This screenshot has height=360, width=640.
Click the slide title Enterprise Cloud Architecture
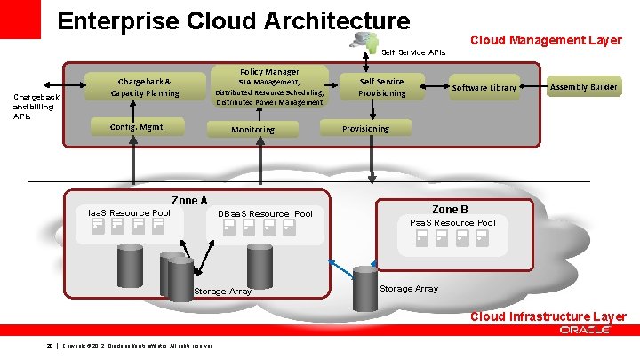(x=234, y=20)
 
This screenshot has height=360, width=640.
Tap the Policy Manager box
(x=269, y=86)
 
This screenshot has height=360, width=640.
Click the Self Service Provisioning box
(x=381, y=87)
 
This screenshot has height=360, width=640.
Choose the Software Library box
(x=484, y=87)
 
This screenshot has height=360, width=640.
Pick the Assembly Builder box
(x=584, y=87)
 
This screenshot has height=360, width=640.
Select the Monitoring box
(x=252, y=129)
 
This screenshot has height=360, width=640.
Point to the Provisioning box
(x=365, y=128)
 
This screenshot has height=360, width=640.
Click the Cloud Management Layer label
(x=545, y=40)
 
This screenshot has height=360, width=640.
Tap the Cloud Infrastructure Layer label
(x=548, y=316)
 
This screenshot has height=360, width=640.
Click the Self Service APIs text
(x=413, y=52)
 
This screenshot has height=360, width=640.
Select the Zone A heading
(x=188, y=201)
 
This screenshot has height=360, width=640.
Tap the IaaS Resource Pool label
(x=129, y=213)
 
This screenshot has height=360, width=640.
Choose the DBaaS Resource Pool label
(x=266, y=214)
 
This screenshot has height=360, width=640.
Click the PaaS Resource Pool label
(x=452, y=222)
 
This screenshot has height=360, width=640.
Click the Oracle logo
(x=585, y=330)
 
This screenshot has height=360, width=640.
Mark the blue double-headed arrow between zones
(x=341, y=267)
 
